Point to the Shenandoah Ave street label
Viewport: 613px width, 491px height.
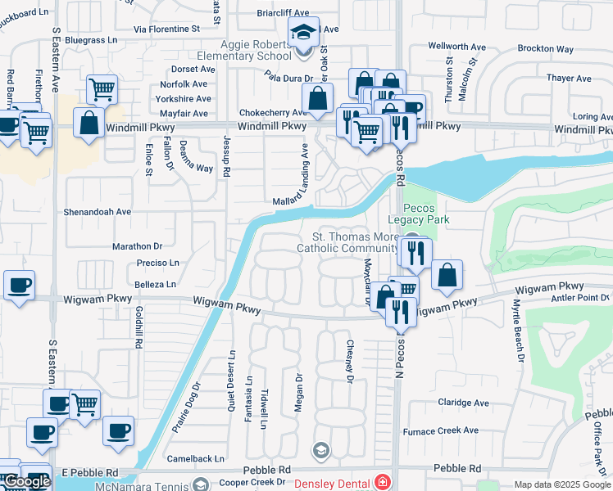point(98,211)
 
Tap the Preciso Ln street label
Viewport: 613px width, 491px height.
point(158,264)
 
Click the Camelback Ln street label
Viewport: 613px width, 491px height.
point(195,459)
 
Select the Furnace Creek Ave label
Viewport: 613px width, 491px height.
point(440,430)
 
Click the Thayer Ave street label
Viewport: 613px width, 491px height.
point(569,79)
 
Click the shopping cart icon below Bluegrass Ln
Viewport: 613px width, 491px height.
point(101,88)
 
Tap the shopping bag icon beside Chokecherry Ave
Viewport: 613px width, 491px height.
point(316,100)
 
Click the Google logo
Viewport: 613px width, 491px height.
point(26,481)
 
